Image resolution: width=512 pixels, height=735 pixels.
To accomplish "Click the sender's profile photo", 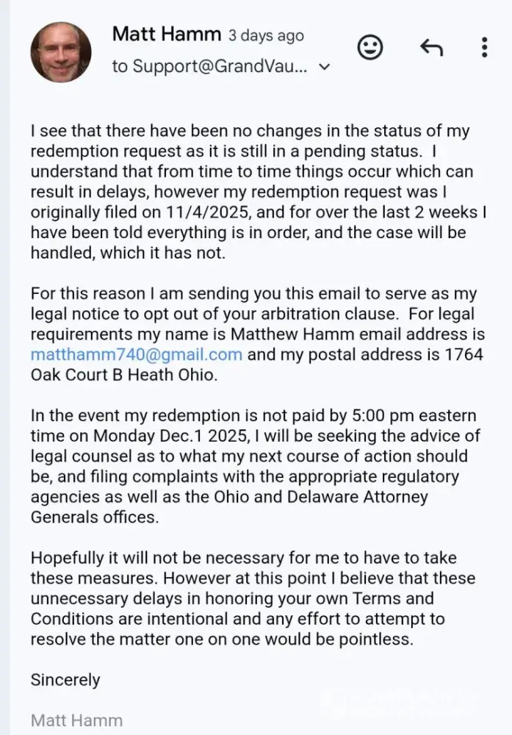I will (61, 51).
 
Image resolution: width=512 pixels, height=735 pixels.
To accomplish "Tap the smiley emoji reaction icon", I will (370, 48).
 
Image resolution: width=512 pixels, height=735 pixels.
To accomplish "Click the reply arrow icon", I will (431, 48).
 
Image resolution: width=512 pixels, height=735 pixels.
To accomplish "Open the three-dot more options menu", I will (484, 48).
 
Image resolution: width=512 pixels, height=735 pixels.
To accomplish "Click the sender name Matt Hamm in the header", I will (166, 34).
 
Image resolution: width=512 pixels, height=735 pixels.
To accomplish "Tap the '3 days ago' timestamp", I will (265, 35).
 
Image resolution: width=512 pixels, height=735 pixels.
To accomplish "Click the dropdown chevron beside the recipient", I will (325, 67).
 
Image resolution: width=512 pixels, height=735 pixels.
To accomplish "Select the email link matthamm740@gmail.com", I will (136, 354).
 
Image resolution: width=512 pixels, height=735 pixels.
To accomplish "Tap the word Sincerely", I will (65, 679).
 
